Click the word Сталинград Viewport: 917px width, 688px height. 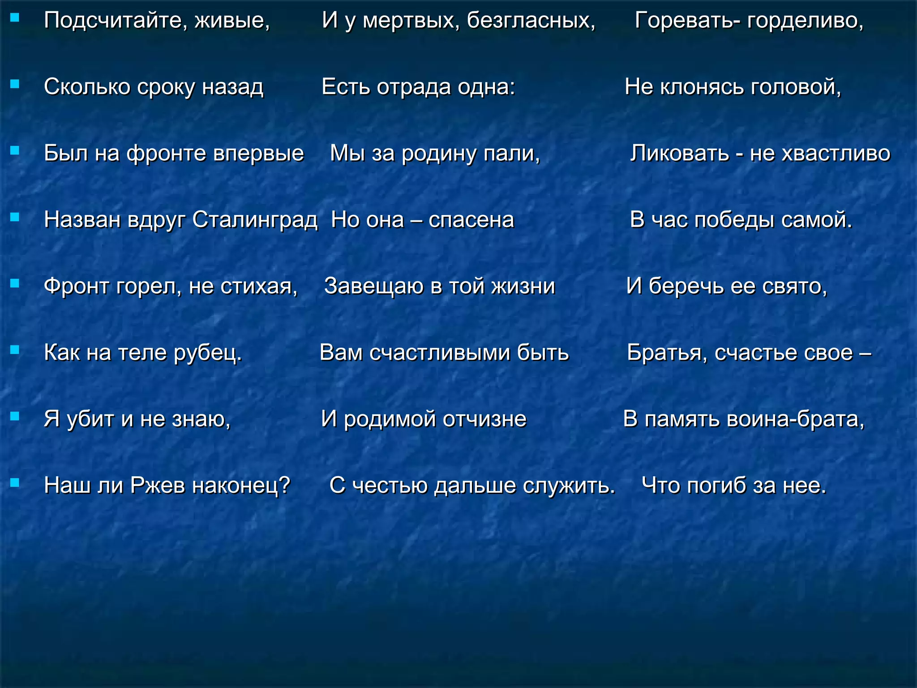tap(255, 220)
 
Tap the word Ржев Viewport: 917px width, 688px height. tap(158, 485)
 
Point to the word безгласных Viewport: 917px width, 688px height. tap(531, 21)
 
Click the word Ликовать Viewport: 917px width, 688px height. tap(679, 153)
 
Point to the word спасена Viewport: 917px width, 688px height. tap(471, 220)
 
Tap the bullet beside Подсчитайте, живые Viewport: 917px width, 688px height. tap(15, 17)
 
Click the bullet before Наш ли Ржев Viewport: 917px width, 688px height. tap(15, 482)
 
